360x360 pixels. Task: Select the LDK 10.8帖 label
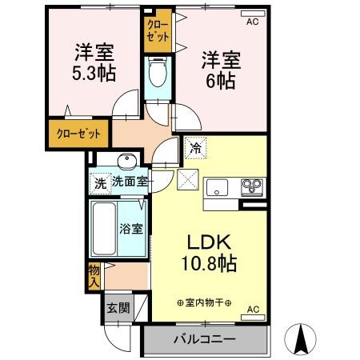pos(209,253)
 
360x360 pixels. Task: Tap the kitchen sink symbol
pos(218,189)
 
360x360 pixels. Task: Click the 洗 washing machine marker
pos(100,182)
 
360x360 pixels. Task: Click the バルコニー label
pos(205,339)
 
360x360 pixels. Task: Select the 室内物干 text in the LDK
pos(204,302)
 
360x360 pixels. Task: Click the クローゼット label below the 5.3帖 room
pos(78,133)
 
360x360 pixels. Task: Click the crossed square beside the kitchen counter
pos(187,181)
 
